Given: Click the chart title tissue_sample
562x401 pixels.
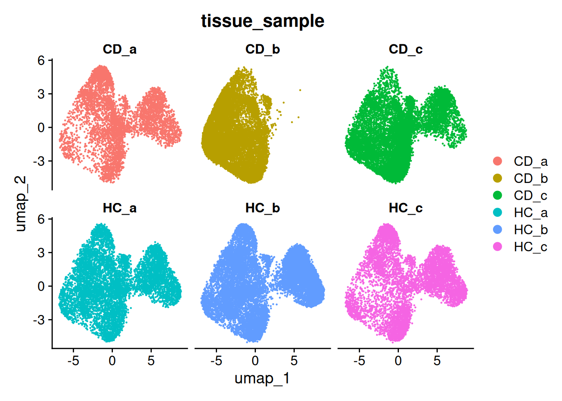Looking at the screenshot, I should (x=263, y=21).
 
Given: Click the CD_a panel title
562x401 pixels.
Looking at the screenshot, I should (x=120, y=49).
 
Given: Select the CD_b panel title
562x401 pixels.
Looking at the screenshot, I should (x=263, y=49).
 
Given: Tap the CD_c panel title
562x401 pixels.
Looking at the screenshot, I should (x=406, y=49).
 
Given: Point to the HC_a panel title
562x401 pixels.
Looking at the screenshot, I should (x=120, y=208).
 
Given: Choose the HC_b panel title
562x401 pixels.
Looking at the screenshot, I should (x=263, y=208).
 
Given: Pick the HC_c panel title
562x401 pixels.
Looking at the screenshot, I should (x=406, y=208).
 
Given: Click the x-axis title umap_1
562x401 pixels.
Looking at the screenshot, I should (x=262, y=378).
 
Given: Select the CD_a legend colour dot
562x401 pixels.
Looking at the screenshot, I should (x=498, y=161).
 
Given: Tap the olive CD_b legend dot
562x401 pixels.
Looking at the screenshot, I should (x=498, y=178).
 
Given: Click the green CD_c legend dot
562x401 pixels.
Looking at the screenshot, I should (x=498, y=195).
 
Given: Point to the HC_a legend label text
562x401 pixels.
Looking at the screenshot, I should (x=531, y=213).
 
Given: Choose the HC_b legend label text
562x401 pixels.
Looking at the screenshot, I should (x=531, y=230).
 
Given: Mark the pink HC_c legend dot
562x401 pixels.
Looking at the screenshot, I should (x=498, y=247).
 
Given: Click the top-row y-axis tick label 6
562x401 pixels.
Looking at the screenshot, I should (x=41, y=61).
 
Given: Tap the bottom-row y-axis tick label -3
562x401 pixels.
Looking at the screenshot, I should (x=39, y=320).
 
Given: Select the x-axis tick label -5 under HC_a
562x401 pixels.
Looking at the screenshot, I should (x=73, y=360).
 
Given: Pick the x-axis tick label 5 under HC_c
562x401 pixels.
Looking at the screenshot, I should (x=437, y=360).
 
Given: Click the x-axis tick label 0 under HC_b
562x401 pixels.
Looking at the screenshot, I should (x=255, y=360).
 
